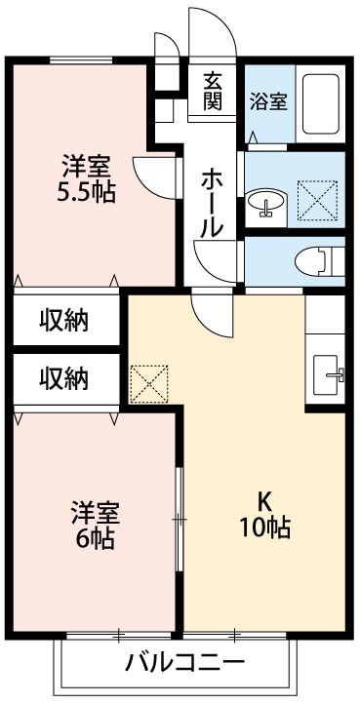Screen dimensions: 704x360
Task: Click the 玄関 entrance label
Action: coord(214,93)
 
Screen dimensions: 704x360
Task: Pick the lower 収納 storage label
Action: coord(64,376)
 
